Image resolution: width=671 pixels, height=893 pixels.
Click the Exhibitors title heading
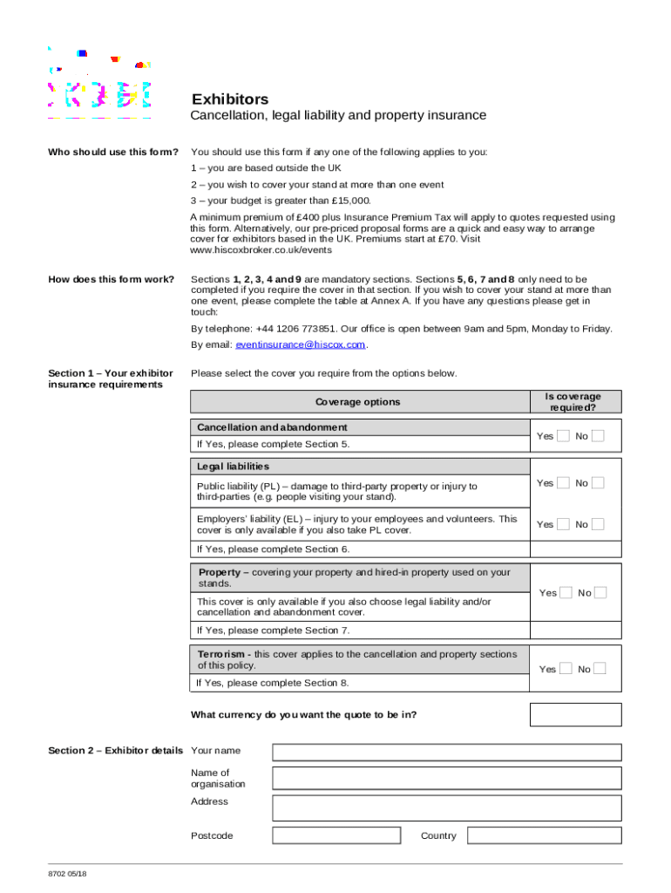pyautogui.click(x=230, y=99)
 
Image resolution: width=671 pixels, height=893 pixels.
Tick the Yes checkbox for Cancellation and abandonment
pyautogui.click(x=564, y=436)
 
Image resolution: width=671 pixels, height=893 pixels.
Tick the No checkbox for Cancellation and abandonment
pyautogui.click(x=598, y=436)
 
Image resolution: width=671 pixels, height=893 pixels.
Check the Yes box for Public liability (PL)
pyautogui.click(x=564, y=483)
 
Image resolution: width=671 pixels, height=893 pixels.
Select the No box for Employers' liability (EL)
pyautogui.click(x=598, y=524)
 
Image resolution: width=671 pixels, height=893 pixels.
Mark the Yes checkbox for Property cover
pyautogui.click(x=566, y=593)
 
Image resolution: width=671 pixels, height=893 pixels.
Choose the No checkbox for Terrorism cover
pyautogui.click(x=600, y=669)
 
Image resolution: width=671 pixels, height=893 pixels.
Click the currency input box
pyautogui.click(x=575, y=715)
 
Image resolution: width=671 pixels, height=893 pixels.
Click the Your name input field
pyautogui.click(x=446, y=752)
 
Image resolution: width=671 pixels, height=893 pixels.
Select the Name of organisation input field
pyautogui.click(x=446, y=778)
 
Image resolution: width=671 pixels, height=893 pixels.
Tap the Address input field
pyautogui.click(x=446, y=808)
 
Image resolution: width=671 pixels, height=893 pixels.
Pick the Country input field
pyautogui.click(x=544, y=835)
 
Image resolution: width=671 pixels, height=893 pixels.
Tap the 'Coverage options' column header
pyautogui.click(x=358, y=402)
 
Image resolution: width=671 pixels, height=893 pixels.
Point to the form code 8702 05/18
pyautogui.click(x=67, y=875)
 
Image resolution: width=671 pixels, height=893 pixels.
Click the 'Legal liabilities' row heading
pyautogui.click(x=233, y=467)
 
